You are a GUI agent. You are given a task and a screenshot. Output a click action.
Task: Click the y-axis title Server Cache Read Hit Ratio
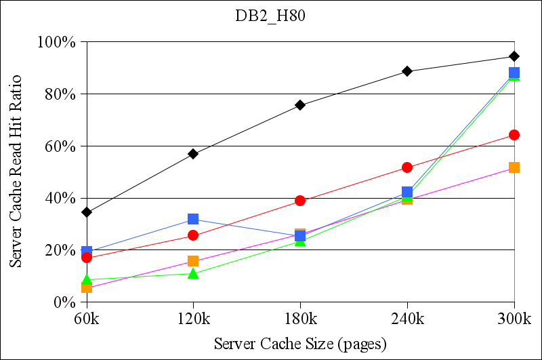point(15,172)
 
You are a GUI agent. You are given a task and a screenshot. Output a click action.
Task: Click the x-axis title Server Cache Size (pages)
point(300,343)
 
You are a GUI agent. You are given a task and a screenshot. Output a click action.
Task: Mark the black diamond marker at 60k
point(87,212)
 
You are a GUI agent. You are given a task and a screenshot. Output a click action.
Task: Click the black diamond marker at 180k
point(300,105)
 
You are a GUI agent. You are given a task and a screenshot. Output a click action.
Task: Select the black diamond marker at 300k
point(514,56)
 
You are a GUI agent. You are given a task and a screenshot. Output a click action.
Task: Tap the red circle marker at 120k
point(193,235)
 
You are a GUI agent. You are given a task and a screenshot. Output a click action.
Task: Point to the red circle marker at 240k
point(407,167)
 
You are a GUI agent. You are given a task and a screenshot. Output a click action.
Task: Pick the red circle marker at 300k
point(514,135)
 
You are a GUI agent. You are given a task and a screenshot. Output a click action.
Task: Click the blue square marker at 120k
point(193,219)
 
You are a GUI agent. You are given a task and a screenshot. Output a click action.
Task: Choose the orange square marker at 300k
point(514,167)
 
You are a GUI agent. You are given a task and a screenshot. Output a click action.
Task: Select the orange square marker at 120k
point(193,261)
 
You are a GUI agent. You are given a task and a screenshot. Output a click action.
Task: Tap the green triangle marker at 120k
point(193,274)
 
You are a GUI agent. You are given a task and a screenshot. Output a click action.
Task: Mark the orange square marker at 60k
point(87,287)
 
